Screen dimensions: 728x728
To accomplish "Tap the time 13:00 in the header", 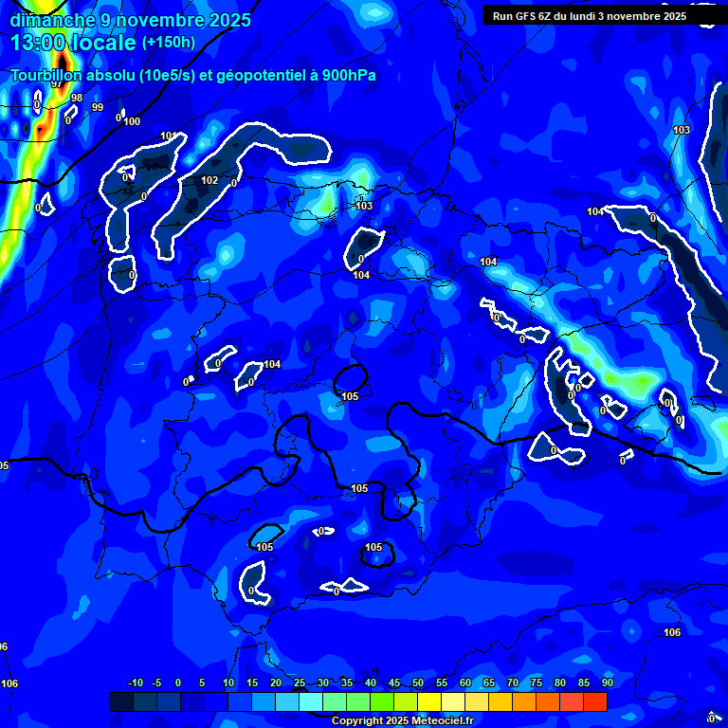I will pos(43,43).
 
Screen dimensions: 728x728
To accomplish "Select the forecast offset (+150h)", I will pos(168,43).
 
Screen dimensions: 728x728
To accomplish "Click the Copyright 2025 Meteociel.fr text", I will pos(402,721).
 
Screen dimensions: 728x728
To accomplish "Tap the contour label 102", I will pos(209,180).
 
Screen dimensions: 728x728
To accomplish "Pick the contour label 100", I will pos(132,121).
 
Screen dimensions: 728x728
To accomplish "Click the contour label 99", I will pos(98,107).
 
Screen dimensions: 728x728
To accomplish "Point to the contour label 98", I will pos(77,98).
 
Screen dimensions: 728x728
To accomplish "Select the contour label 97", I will pos(57,84).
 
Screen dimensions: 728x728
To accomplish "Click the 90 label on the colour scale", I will pos(608,682).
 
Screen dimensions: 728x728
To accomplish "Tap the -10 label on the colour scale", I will pos(135,682).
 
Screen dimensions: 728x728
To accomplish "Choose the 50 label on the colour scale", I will pos(418,682).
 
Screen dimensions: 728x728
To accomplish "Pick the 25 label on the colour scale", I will pos(300,682).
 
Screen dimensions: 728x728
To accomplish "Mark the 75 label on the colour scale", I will pos(537,682).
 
